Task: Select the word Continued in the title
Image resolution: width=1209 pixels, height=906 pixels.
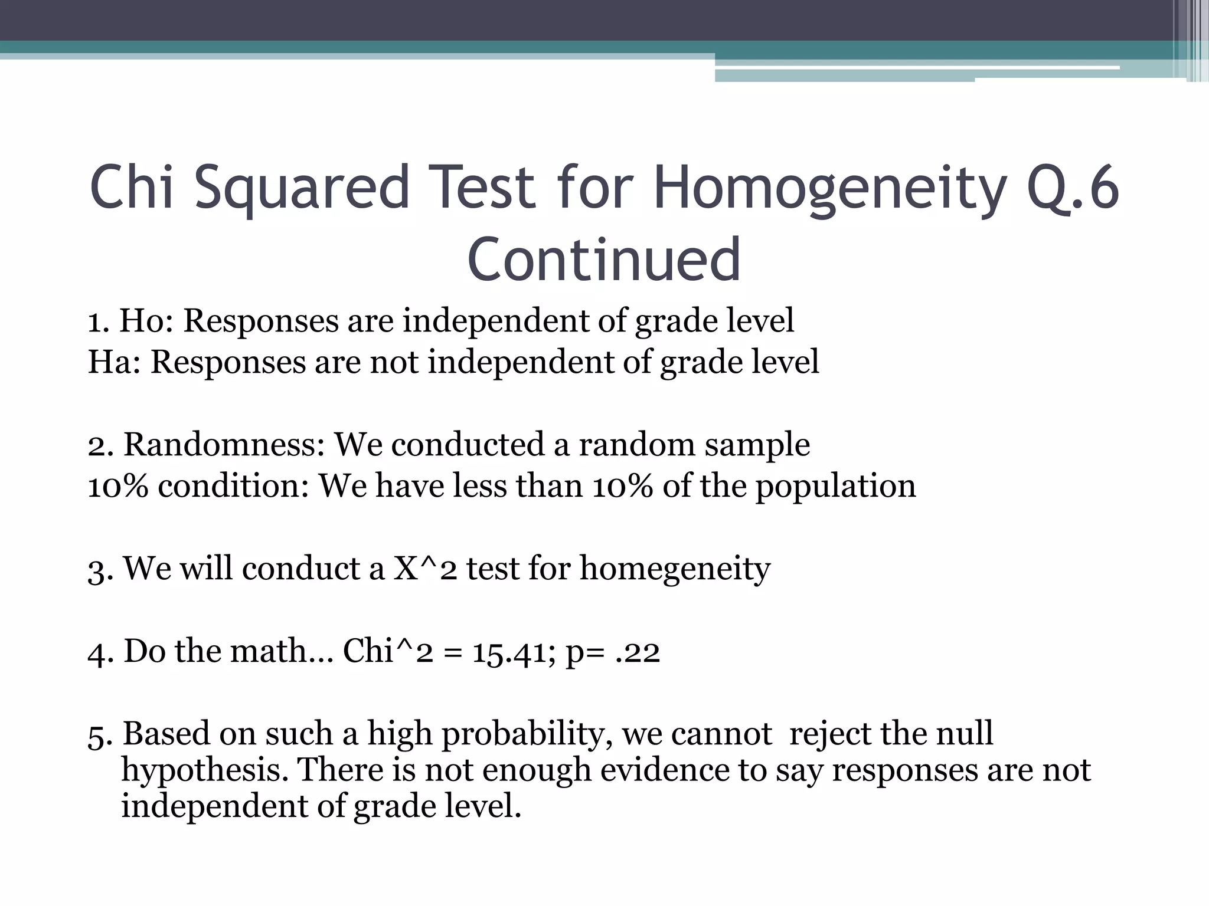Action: click(604, 260)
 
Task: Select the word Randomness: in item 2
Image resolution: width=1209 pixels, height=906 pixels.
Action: click(224, 444)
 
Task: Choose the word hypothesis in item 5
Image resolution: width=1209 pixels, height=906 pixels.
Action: click(204, 772)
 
